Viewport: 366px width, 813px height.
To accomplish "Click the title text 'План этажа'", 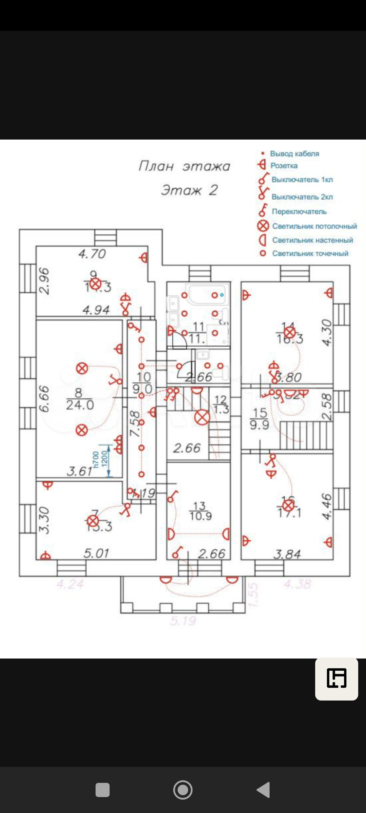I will pyautogui.click(x=184, y=166).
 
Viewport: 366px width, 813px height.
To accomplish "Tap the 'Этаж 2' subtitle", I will pyautogui.click(x=189, y=190).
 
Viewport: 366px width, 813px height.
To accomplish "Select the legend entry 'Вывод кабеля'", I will pyautogui.click(x=294, y=154).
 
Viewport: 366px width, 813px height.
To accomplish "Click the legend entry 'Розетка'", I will pyautogui.click(x=284, y=166).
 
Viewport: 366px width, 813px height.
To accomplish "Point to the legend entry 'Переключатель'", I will pyautogui.click(x=299, y=212).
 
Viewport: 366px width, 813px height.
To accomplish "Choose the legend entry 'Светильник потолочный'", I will pyautogui.click(x=314, y=226).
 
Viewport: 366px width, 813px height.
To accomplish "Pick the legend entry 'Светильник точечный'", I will pyautogui.click(x=310, y=253).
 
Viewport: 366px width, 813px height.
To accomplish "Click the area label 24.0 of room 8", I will pyautogui.click(x=80, y=405).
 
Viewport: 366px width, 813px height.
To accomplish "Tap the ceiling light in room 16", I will pyautogui.click(x=288, y=506).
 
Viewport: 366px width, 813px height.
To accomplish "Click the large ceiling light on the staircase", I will pyautogui.click(x=202, y=417).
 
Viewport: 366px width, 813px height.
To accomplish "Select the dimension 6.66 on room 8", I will pyautogui.click(x=44, y=399).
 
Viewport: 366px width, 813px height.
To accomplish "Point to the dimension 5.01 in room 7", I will pyautogui.click(x=96, y=553).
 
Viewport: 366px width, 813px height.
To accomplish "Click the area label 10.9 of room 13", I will pyautogui.click(x=201, y=516).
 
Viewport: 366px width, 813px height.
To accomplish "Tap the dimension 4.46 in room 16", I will pyautogui.click(x=326, y=506).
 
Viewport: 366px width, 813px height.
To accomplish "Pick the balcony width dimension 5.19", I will pyautogui.click(x=183, y=621).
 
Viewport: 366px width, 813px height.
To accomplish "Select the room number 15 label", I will pyautogui.click(x=260, y=413).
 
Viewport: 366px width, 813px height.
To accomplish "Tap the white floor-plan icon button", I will pyautogui.click(x=337, y=679).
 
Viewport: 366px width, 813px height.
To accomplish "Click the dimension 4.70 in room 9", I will pyautogui.click(x=92, y=254).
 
